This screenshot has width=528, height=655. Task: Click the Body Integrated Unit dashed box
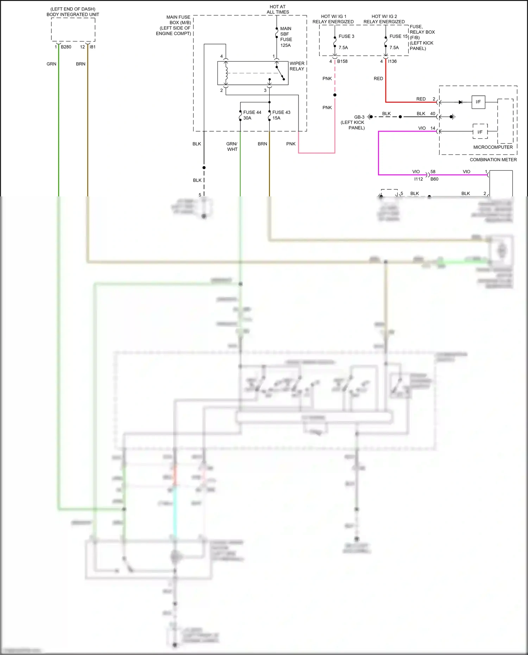point(73,30)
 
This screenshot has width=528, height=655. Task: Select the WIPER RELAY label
point(297,66)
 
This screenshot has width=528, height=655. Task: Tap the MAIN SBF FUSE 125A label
point(286,37)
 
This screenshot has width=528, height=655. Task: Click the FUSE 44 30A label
point(252,115)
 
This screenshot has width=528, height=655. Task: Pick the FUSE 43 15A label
point(281,115)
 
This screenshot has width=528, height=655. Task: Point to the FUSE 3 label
point(346,36)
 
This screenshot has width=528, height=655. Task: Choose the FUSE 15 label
point(398,36)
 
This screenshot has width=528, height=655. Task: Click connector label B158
point(342,61)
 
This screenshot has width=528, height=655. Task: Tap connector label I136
point(392,61)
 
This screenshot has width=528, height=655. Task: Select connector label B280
point(66,47)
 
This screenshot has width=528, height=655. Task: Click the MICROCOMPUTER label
point(493,147)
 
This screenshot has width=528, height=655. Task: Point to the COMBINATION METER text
point(493,160)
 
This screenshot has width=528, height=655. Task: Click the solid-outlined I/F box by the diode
point(478,102)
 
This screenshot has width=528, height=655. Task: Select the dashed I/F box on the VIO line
point(480,132)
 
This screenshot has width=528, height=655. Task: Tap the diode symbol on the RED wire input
point(460,102)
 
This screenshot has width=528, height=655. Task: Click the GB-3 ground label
point(359,117)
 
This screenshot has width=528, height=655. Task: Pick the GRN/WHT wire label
point(232,146)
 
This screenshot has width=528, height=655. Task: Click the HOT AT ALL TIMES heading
point(278,10)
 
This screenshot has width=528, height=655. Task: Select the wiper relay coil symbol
point(226,73)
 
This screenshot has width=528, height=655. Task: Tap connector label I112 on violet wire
point(419,179)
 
